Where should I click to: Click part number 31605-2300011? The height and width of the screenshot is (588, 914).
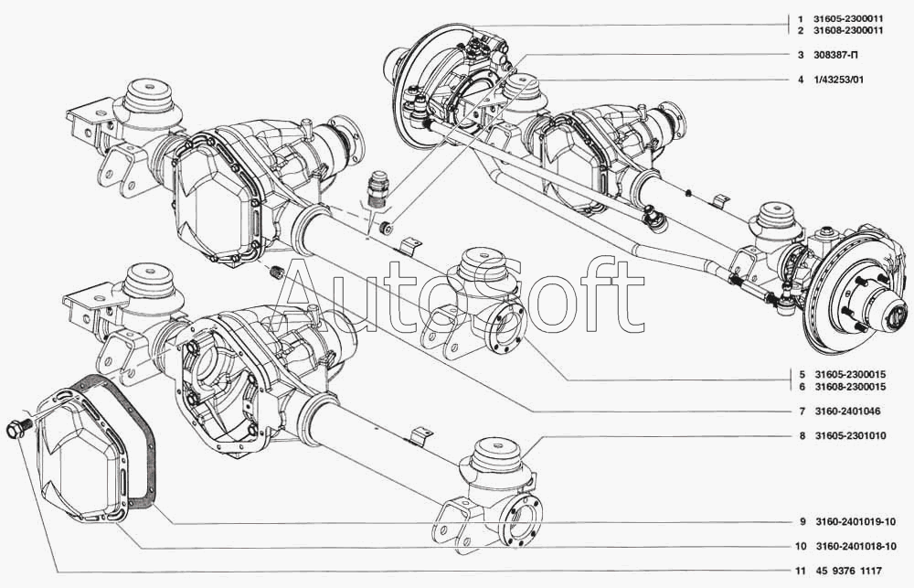click(849, 19)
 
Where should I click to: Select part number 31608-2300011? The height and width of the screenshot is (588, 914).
click(849, 30)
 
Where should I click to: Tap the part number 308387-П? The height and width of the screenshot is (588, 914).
click(836, 56)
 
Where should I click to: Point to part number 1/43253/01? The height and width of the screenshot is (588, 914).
click(839, 80)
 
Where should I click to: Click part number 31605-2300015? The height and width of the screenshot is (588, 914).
click(850, 375)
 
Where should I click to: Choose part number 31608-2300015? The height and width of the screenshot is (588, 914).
click(850, 387)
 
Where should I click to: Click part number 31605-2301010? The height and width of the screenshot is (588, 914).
click(850, 436)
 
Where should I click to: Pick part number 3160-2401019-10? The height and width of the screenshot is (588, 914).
click(856, 521)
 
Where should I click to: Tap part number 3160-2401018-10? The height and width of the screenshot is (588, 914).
click(856, 547)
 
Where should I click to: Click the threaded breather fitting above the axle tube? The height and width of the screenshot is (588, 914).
click(379, 187)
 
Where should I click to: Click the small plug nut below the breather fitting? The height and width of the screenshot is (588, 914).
click(386, 228)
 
